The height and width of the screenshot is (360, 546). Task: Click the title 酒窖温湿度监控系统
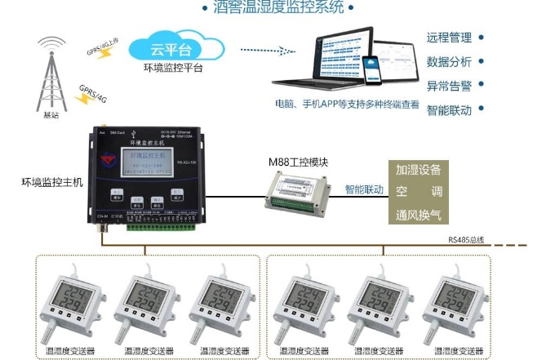(278, 8)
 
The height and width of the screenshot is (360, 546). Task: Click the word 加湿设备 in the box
(418, 170)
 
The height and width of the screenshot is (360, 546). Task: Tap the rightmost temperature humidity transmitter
(456, 307)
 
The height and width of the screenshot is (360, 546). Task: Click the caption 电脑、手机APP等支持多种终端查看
(347, 104)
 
